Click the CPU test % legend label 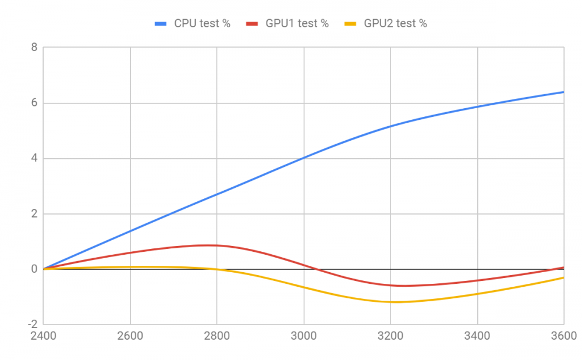coord(202,24)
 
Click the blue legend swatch coord(161,24)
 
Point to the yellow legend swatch coord(352,24)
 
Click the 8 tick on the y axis coord(34,48)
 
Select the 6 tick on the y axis coord(34,103)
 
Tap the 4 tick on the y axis coord(34,158)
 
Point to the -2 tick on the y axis coord(32,325)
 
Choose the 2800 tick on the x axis coord(217,336)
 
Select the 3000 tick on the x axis coord(303,336)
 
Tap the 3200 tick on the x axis coord(390,336)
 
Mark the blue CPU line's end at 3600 coord(563,92)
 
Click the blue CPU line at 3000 coord(303,158)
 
